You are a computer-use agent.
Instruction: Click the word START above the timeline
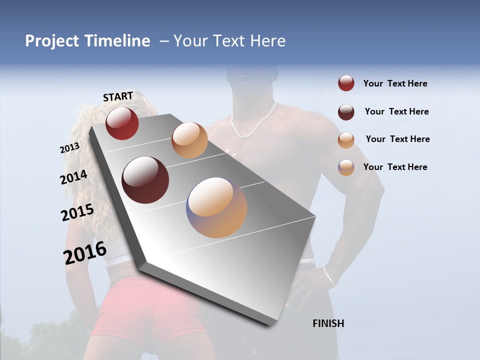coord(118,96)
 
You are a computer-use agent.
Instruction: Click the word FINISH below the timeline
coord(328,323)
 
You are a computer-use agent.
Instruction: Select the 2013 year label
coord(69,148)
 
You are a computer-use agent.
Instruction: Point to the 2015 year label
coord(77,212)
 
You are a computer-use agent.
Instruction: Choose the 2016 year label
coord(85,252)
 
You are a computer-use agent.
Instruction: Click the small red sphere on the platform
coord(122,123)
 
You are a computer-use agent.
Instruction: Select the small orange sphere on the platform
coord(189,140)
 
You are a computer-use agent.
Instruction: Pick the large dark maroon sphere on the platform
coord(145,180)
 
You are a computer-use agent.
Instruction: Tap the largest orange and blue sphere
coord(216,207)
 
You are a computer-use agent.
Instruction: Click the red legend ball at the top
coord(346,83)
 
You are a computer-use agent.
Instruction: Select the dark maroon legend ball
coord(346,112)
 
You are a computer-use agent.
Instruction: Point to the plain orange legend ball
coord(346,140)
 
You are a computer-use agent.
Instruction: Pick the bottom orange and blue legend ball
coord(346,167)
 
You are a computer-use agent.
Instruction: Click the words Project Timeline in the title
coord(87,41)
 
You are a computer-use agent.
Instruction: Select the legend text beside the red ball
coord(395,83)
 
